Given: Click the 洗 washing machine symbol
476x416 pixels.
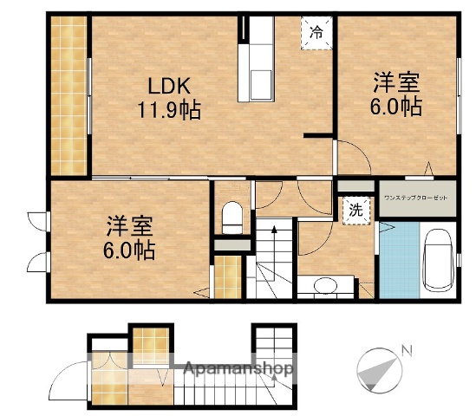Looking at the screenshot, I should pyautogui.click(x=356, y=211).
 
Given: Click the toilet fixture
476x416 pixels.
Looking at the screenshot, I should pyautogui.click(x=231, y=218).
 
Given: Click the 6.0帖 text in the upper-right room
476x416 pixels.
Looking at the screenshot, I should pyautogui.click(x=397, y=107).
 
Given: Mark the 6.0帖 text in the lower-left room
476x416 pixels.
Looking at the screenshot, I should pyautogui.click(x=130, y=251).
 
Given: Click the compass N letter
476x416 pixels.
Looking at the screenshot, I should pyautogui.click(x=406, y=351).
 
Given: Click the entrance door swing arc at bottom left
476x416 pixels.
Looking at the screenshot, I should pyautogui.click(x=65, y=381).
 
